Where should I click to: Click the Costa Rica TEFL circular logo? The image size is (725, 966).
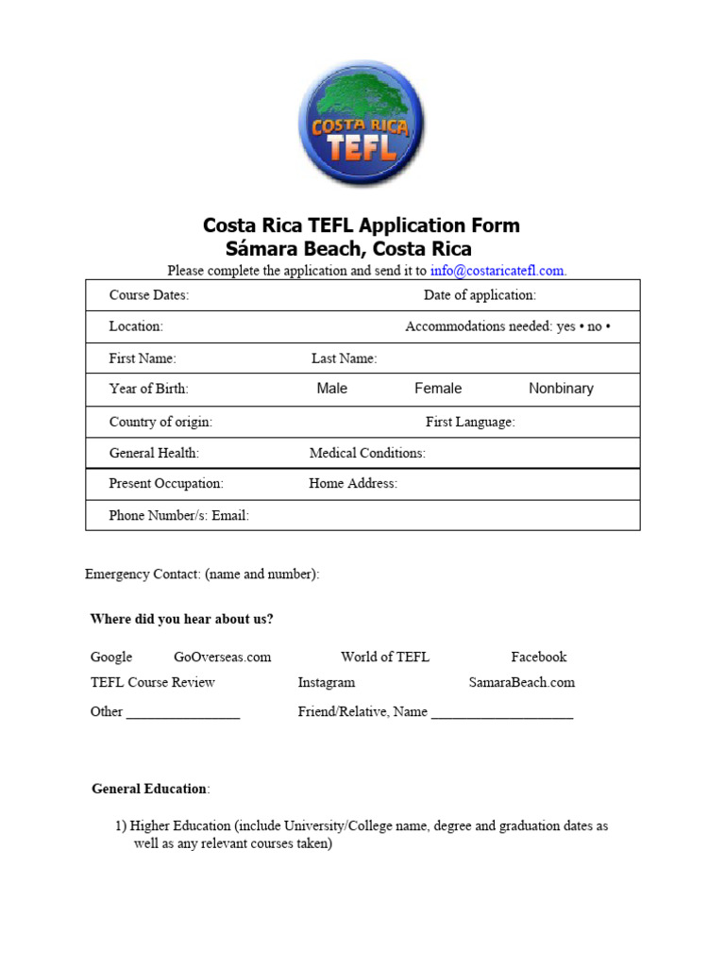pos(362,122)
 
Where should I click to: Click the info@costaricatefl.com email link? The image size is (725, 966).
pos(497,271)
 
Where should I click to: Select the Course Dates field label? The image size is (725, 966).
pos(149,295)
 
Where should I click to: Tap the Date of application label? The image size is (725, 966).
pos(480,295)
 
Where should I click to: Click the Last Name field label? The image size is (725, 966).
pos(344,358)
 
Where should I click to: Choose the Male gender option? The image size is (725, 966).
pos(332,389)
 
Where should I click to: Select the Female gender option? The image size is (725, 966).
pos(438,389)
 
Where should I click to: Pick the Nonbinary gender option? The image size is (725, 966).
pos(561,389)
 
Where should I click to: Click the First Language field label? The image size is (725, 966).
pos(470,422)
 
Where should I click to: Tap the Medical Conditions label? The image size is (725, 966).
pos(367,453)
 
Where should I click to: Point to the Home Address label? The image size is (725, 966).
pos(353,484)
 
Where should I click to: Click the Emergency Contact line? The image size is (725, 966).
pos(202,574)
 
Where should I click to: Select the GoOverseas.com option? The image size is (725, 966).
pos(222,657)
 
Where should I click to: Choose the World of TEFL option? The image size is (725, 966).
pos(385,657)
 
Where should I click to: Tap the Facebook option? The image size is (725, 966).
pos(539,657)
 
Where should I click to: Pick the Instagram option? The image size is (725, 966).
pos(327,682)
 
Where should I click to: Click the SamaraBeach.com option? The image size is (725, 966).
pos(521,682)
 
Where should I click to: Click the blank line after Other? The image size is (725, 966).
pos(183,714)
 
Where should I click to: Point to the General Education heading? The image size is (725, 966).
pos(149,789)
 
